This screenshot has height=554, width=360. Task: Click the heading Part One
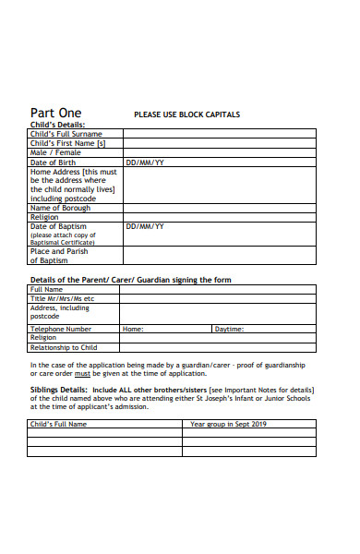55,114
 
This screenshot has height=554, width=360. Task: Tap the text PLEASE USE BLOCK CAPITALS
187,114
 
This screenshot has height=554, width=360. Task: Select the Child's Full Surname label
66,134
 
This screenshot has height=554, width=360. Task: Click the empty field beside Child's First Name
220,143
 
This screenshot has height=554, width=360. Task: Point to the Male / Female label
55,152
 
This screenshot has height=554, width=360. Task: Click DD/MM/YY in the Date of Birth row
145,163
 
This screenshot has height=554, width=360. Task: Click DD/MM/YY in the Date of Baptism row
145,226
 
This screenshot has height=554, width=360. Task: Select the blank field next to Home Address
220,185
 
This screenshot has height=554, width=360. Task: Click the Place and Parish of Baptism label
60,256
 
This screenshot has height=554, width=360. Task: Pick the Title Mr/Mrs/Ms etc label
63,299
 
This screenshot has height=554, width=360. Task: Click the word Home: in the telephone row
133,329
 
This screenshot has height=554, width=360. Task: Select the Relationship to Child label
64,347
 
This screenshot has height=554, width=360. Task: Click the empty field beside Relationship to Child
218,347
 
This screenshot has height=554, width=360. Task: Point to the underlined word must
82,374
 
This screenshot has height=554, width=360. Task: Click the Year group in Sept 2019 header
227,424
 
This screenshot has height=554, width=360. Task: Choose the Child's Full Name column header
59,424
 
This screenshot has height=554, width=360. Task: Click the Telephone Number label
61,329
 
